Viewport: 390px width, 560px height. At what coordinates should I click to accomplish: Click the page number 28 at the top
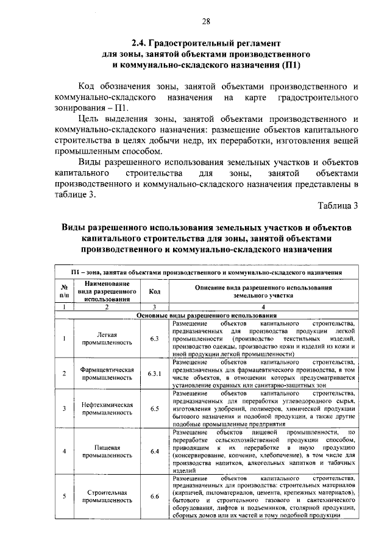point(206,21)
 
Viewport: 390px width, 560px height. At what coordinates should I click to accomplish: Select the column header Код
point(154,291)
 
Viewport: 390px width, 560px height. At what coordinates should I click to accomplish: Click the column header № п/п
point(63,291)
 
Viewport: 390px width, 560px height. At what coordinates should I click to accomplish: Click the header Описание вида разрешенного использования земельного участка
point(263,291)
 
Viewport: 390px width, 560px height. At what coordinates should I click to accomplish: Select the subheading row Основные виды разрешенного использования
point(206,315)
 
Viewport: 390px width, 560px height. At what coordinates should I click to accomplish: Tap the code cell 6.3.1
point(154,374)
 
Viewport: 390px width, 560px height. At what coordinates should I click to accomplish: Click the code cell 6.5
point(154,408)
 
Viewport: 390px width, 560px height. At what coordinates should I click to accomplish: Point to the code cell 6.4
point(154,451)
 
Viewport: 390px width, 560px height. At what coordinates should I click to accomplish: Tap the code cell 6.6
point(154,495)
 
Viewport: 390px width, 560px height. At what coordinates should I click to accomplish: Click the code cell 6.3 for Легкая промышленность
point(154,338)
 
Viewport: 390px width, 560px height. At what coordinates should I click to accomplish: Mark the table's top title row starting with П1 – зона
point(206,272)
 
